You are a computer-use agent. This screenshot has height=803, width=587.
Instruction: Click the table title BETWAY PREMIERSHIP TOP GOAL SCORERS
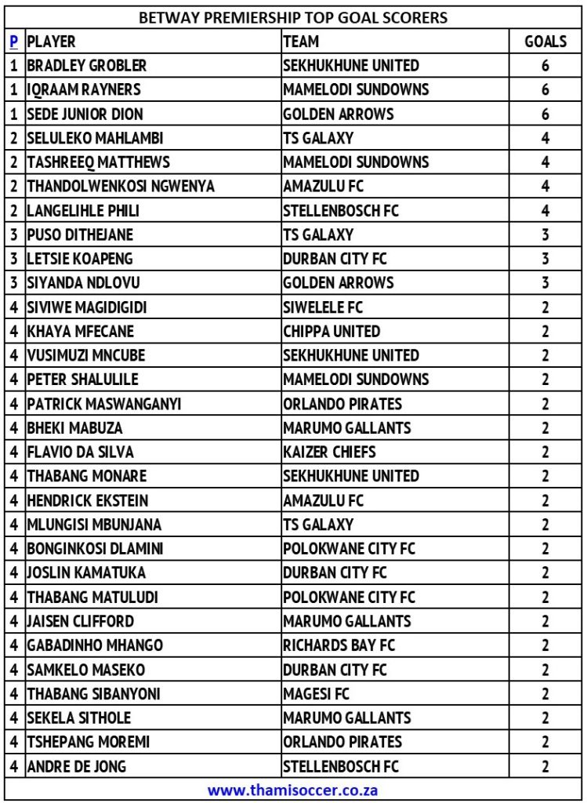293,17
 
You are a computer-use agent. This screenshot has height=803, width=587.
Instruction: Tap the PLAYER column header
52,42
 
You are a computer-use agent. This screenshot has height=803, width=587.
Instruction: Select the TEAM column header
301,42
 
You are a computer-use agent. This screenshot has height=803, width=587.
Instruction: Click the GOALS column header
545,42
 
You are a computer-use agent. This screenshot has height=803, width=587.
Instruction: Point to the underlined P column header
13,42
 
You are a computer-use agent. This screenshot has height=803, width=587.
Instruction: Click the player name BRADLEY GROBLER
86,66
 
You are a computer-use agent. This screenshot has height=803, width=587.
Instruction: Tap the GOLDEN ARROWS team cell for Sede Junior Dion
339,114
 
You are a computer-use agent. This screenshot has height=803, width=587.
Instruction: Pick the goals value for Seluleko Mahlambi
545,138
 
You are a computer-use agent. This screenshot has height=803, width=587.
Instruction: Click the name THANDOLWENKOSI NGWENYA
121,187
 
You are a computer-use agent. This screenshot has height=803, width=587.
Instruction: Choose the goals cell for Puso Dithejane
545,234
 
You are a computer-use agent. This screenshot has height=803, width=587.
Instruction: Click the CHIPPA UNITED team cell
332,331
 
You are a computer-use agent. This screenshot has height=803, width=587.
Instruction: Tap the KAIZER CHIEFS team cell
329,452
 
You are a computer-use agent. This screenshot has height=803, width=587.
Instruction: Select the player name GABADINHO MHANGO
95,645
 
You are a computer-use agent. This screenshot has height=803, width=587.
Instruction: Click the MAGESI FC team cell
317,693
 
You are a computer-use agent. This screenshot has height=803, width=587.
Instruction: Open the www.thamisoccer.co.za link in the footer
293,790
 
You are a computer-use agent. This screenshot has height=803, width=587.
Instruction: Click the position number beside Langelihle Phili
14,211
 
